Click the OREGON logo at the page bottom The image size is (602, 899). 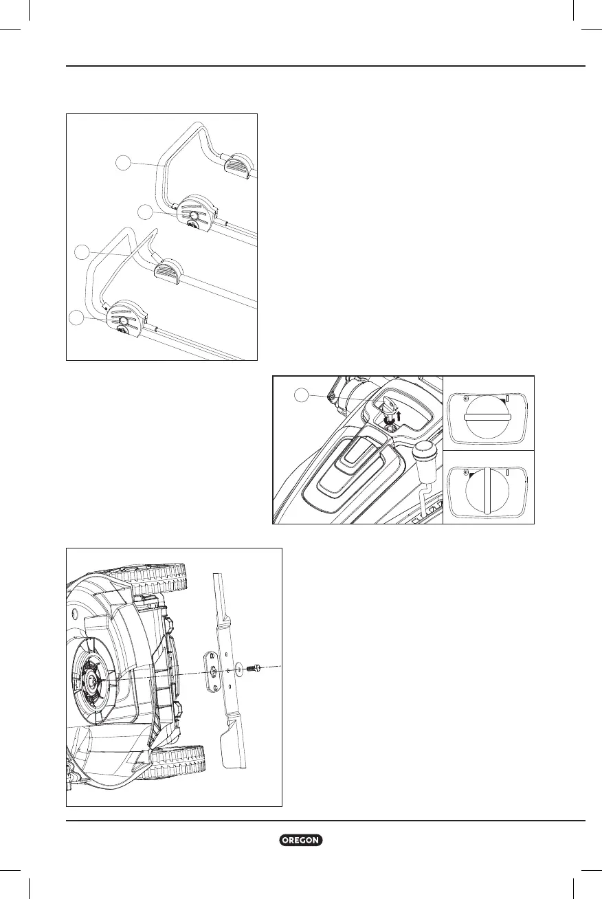tap(301, 841)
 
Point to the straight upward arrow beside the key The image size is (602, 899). tap(398, 415)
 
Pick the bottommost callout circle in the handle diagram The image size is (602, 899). tap(77, 318)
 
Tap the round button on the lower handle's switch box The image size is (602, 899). tap(124, 321)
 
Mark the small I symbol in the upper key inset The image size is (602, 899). tap(507, 399)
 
